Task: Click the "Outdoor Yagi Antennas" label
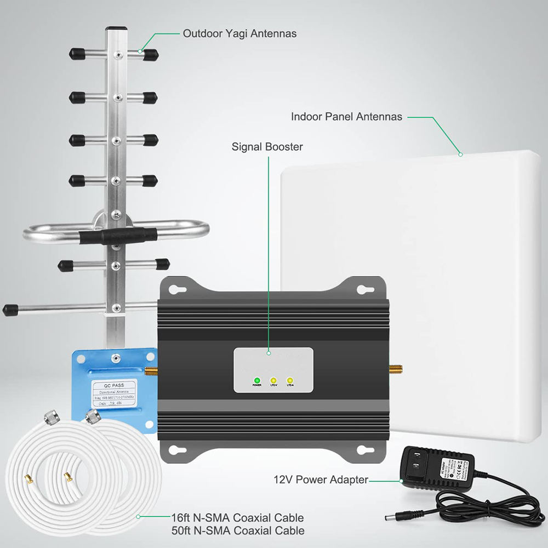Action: (x=239, y=33)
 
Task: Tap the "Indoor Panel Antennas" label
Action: (x=346, y=117)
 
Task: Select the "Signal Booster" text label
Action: (x=267, y=147)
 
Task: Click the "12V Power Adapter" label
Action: (x=321, y=480)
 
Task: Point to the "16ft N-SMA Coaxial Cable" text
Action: (x=236, y=518)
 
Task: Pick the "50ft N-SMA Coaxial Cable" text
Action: (x=236, y=530)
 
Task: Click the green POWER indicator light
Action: (x=256, y=380)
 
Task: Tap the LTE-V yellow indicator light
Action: (x=273, y=380)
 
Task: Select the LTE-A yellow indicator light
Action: (x=290, y=380)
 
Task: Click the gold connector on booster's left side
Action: (x=155, y=372)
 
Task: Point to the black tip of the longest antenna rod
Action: (x=10, y=310)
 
